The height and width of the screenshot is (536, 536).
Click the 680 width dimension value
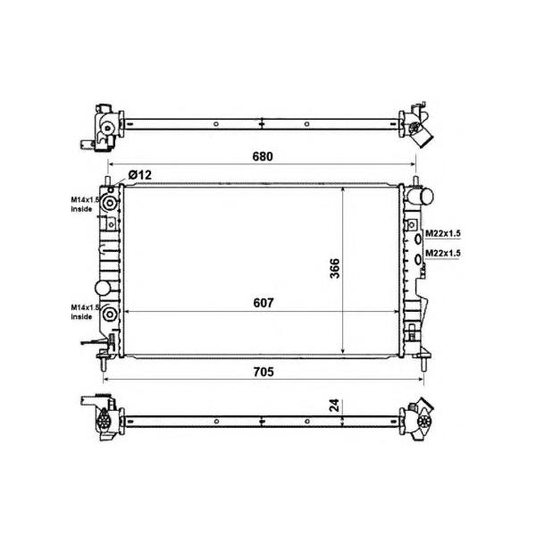point(263,156)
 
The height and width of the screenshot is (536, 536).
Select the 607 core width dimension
point(264,303)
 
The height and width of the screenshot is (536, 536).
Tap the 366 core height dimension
point(335,268)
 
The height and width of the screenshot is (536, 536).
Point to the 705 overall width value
point(264,372)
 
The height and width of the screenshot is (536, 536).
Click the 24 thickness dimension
point(335,405)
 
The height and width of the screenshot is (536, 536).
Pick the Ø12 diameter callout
point(140,175)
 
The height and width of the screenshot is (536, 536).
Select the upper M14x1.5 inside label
point(85,204)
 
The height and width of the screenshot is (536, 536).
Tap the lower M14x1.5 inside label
point(85,312)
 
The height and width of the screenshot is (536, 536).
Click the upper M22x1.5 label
point(443,233)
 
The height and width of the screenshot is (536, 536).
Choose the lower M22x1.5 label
point(443,253)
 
